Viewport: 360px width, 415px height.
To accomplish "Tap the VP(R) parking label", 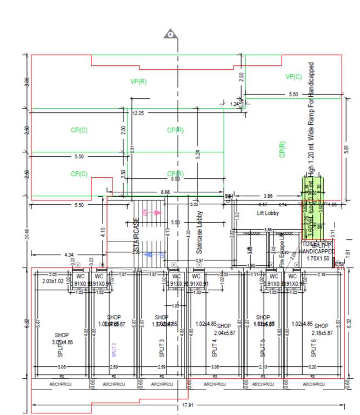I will pos(138,82).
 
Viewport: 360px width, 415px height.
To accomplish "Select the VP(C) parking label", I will pos(294,77).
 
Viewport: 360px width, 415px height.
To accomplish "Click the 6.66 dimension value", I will pos(165,192).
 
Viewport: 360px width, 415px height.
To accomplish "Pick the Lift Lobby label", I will pos(266,214).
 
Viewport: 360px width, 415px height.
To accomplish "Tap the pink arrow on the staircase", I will pos(156,213).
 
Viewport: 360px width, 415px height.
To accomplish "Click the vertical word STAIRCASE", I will pos(136,236).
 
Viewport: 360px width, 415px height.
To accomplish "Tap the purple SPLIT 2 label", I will pos(114,350).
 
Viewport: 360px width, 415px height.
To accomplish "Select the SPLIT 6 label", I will pos(314,347).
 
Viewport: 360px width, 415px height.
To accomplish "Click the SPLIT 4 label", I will pos(212,347).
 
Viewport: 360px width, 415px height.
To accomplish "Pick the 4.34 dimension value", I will pos(69,254).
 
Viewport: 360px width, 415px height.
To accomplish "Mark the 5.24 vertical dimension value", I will pos(198,153).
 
